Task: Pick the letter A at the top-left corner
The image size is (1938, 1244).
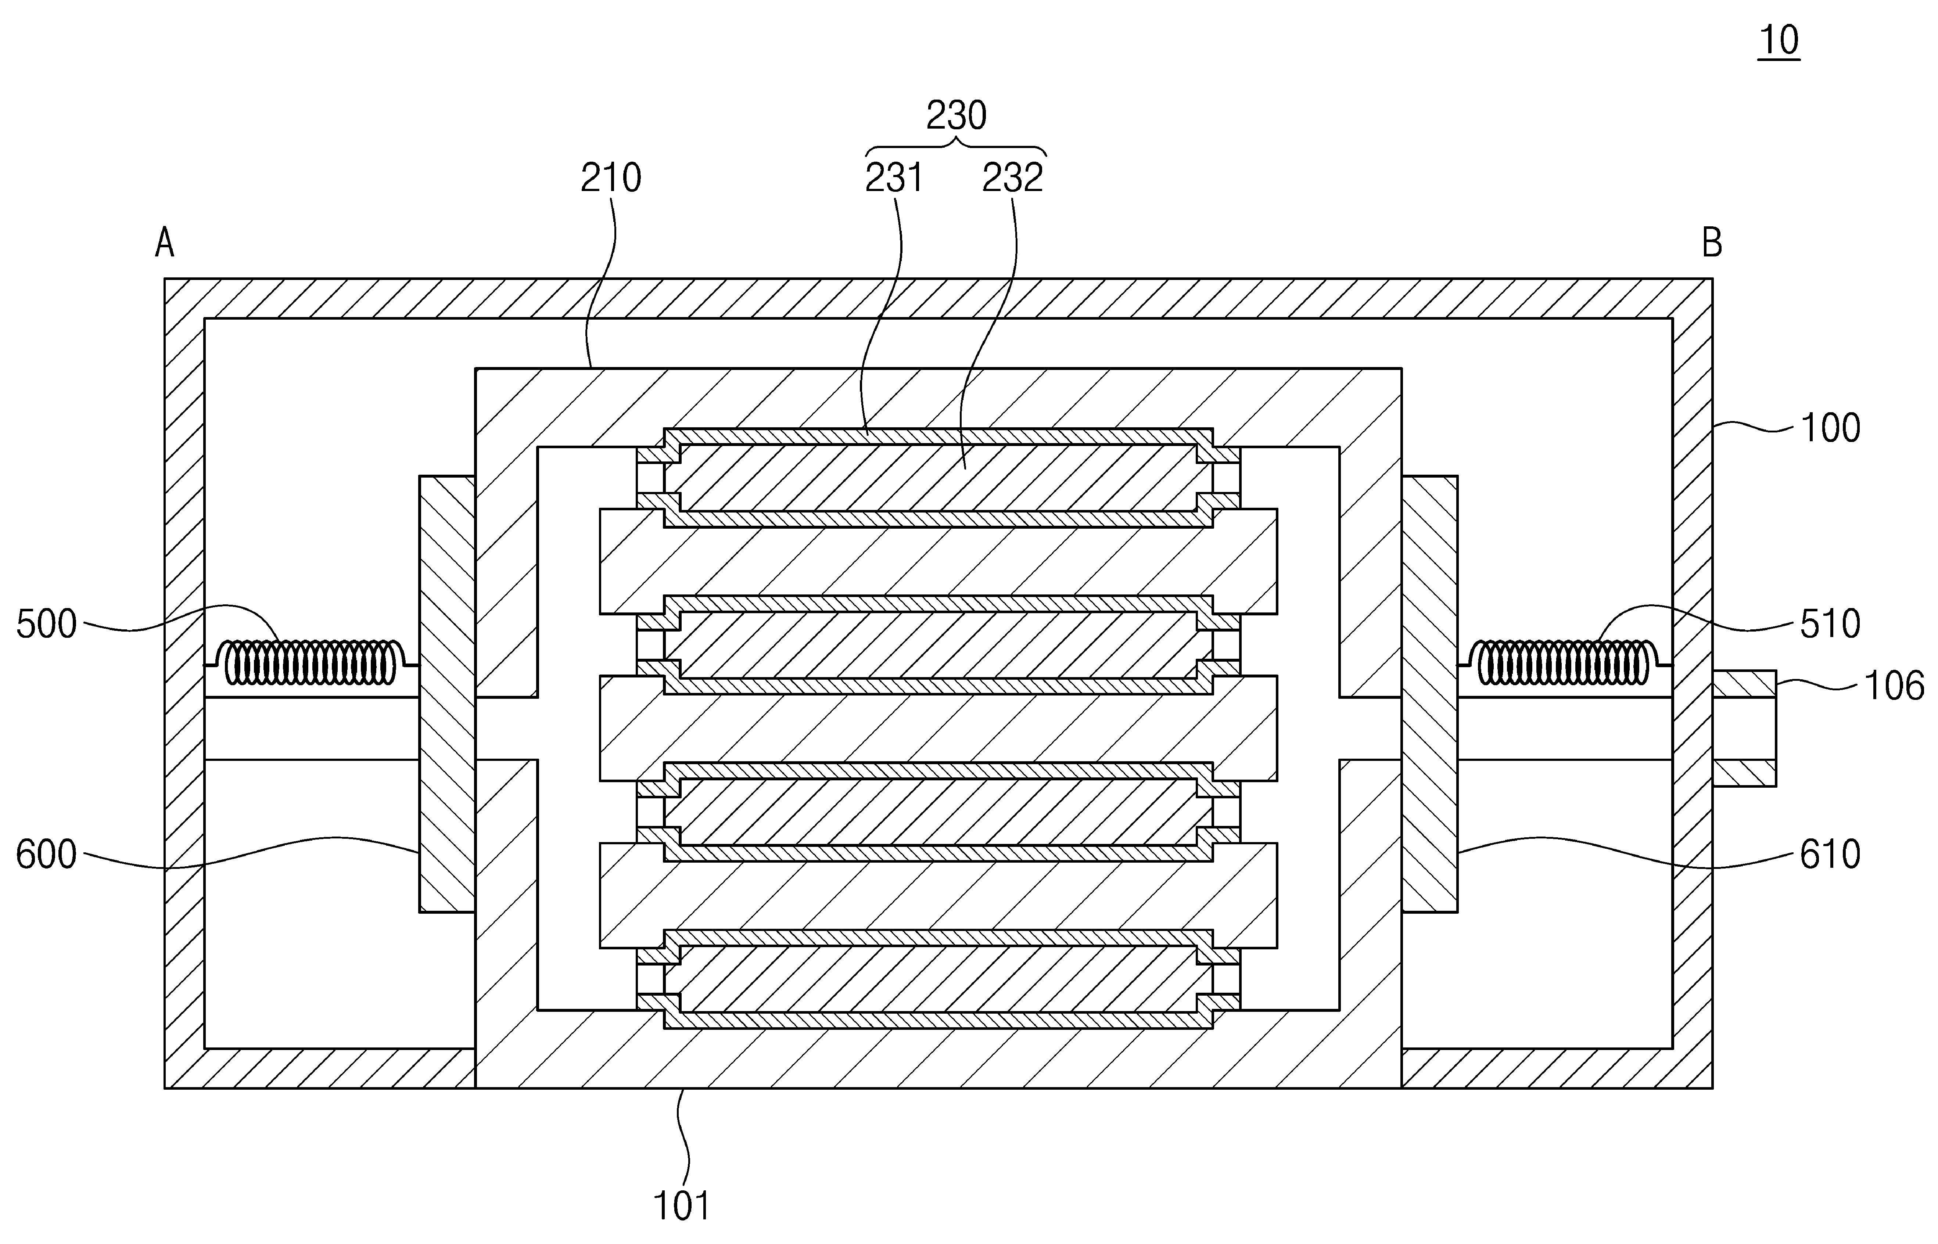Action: (x=165, y=242)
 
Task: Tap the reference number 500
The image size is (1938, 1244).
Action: (x=46, y=625)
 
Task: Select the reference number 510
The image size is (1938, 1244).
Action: (x=1830, y=625)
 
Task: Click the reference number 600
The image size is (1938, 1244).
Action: (x=46, y=855)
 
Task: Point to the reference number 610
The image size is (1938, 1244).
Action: (x=1830, y=855)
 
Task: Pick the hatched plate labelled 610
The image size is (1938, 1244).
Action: (x=1430, y=694)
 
